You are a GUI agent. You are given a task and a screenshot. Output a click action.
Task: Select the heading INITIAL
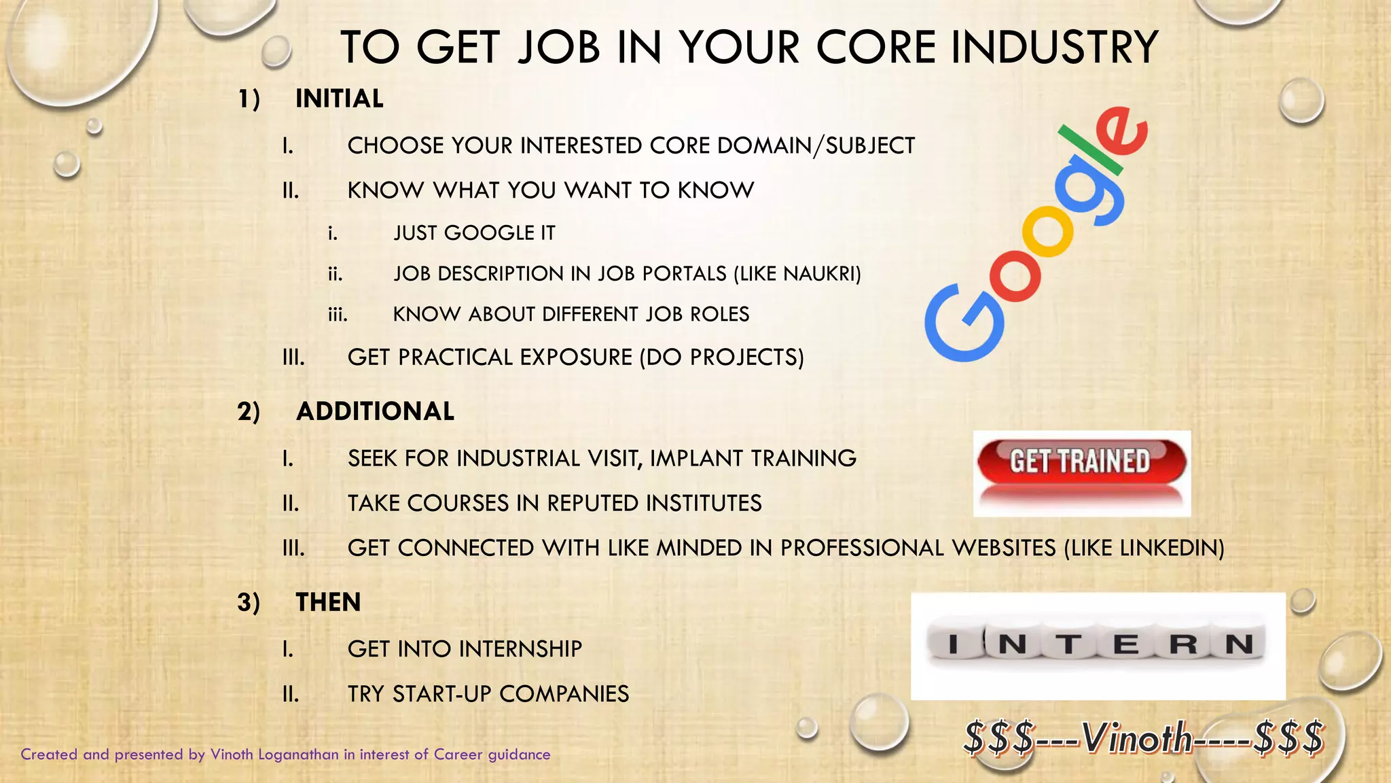[339, 99]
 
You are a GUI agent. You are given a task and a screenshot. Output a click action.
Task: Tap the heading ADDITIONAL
[375, 412]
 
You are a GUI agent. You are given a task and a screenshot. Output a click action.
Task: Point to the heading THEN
[328, 602]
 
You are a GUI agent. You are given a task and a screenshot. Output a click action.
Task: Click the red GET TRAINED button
[1081, 462]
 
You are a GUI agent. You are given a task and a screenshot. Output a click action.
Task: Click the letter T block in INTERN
[1069, 644]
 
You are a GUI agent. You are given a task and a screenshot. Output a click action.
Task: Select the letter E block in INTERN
[1126, 644]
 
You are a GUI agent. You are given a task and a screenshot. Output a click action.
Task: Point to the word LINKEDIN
[1169, 548]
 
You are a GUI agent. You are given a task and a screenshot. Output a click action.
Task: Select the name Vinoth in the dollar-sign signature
[1138, 738]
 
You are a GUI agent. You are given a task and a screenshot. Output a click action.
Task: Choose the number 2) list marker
[249, 412]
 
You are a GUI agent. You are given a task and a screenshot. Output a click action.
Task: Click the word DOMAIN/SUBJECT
[816, 145]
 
